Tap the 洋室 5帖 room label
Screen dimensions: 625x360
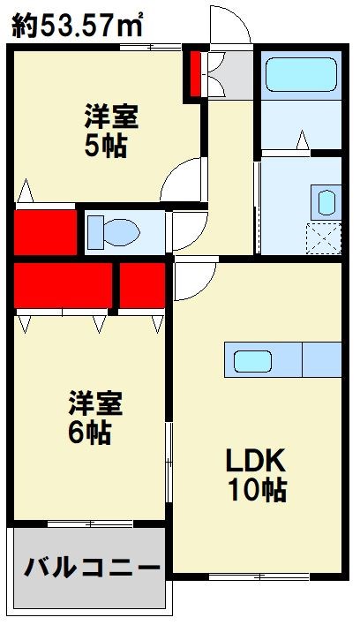[111, 130]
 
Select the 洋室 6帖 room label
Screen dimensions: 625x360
[98, 418]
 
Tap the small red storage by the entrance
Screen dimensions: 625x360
[195, 74]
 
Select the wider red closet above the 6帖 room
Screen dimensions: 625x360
[63, 287]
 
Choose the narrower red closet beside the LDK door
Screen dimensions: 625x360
[144, 287]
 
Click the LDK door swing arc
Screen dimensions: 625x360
[194, 281]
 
